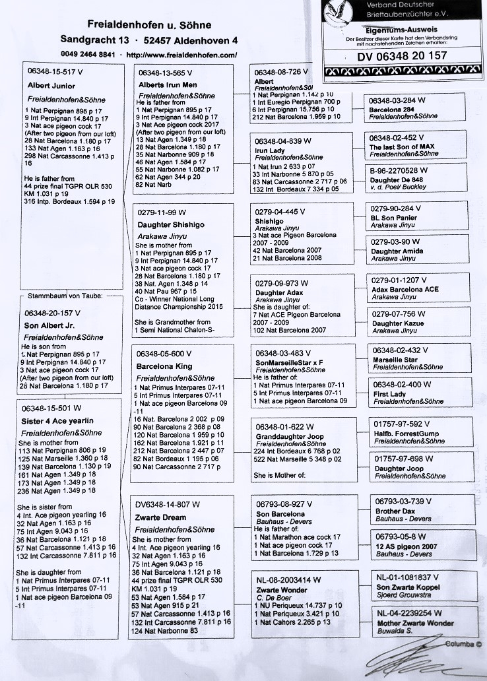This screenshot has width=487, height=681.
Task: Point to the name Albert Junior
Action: pos(51,86)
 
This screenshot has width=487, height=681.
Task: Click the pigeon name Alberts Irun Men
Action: pos(168,85)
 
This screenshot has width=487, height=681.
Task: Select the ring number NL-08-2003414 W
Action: pos(288,580)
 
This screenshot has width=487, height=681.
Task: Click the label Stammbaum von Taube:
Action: pos(66,296)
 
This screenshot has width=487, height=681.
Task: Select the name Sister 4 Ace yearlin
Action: pos(58,420)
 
